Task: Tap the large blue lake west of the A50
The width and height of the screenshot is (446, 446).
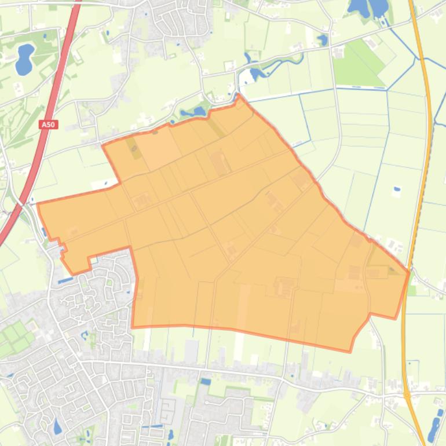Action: point(24,59)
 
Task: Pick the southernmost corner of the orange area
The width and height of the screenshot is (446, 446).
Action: point(350,351)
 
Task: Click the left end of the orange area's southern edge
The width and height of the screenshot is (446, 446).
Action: point(133,327)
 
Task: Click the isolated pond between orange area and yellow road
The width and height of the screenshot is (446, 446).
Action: point(397,189)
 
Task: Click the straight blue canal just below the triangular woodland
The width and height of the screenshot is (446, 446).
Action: point(359,89)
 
